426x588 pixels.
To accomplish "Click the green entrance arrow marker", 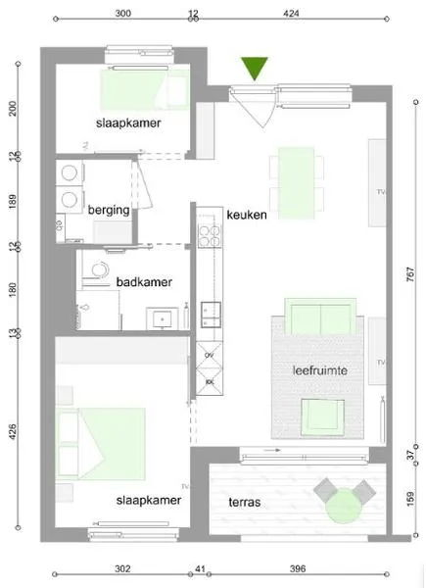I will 257,68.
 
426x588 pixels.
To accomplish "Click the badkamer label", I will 144,282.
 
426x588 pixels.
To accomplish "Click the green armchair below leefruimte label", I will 320,416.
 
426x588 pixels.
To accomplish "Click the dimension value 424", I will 290,14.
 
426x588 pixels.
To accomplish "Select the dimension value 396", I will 299,568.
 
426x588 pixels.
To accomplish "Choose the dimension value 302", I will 122,568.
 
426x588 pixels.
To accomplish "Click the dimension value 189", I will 14,203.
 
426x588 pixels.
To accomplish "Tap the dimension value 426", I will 14,432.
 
